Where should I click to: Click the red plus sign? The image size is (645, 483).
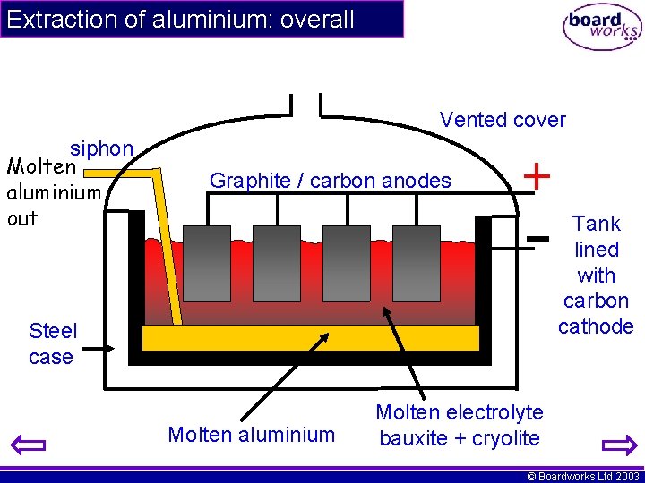tap(536, 175)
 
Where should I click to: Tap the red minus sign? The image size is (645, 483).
tap(537, 238)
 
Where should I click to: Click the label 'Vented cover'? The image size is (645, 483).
tap(503, 120)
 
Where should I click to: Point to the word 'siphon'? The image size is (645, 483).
tap(101, 148)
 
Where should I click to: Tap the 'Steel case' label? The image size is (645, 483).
tap(52, 343)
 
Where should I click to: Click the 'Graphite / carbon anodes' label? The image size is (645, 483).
tap(330, 181)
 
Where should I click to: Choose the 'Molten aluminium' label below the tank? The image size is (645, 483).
tap(251, 435)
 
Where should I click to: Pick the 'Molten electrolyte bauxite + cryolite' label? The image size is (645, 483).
tap(459, 425)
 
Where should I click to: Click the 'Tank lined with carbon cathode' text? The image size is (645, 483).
tap(596, 275)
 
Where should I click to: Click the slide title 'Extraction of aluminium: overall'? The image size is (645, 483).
tap(180, 19)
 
